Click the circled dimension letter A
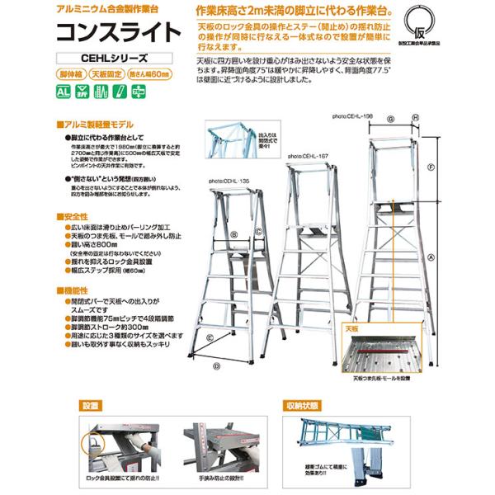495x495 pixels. pos(431,256)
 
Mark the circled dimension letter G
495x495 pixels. pos(391,119)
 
